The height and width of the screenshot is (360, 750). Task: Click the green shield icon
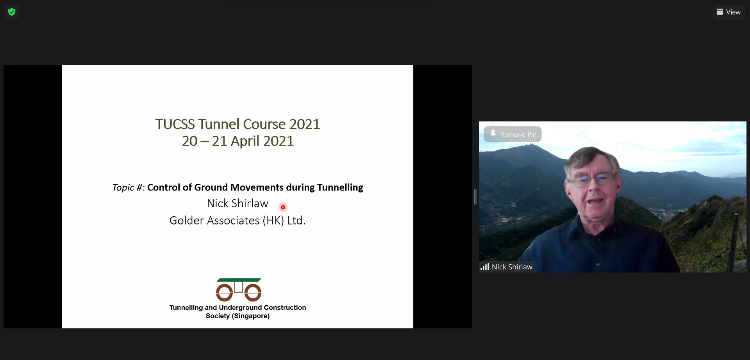pos(12,12)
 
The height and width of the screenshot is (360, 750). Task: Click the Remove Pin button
pos(512,134)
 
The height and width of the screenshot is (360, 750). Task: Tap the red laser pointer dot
pos(283,207)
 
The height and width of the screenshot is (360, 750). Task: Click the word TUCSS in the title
pos(175,124)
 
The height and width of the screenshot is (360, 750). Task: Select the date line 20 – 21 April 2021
pos(237,141)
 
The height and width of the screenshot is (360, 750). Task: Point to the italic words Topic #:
pos(128,188)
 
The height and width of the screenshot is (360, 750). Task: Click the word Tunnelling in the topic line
pos(340,188)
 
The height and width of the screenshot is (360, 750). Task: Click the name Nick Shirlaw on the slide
pos(237,203)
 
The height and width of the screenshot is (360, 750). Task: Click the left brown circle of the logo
pos(224,292)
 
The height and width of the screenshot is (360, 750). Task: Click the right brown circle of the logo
pos(253,292)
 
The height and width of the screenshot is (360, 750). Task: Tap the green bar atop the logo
pos(239,280)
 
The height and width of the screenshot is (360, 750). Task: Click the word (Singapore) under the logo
pos(251,316)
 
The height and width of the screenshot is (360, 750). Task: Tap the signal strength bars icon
pos(485,267)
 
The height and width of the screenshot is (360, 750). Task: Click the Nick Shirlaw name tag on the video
pos(507,267)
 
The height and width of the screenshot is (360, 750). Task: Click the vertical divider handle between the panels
pos(475,197)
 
